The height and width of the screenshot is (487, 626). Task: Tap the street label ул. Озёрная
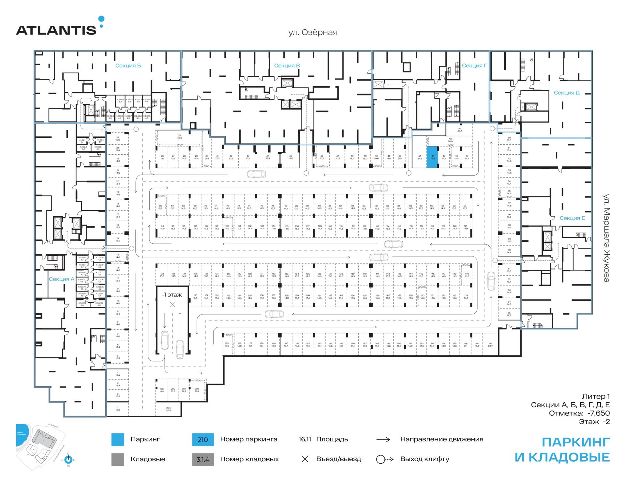(x=313, y=33)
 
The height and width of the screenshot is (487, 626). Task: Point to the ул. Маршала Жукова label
(x=606, y=238)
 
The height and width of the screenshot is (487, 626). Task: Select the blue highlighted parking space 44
(x=432, y=157)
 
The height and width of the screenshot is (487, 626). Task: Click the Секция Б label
(x=128, y=66)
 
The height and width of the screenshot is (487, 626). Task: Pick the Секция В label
(x=287, y=66)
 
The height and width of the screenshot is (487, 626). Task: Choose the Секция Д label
(x=567, y=93)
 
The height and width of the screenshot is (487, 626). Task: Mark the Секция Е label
(x=572, y=218)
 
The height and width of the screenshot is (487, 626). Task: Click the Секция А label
(x=62, y=279)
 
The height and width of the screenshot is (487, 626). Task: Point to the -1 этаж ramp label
(x=172, y=295)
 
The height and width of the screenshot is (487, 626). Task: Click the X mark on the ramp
(x=172, y=305)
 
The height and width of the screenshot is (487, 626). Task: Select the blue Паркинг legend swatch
(x=118, y=439)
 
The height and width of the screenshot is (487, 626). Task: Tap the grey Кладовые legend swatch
(x=118, y=459)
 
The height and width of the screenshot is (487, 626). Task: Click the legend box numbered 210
(x=203, y=439)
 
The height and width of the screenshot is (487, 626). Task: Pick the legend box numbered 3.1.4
(x=203, y=459)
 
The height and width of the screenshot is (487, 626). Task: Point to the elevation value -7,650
(x=599, y=413)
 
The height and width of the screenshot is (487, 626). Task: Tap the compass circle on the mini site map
(x=68, y=460)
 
